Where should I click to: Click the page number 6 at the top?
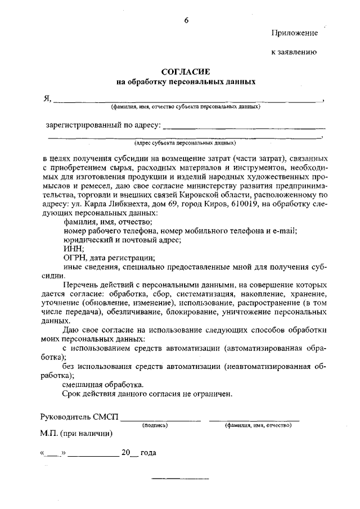[x=186, y=21]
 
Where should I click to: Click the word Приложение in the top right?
[x=295, y=33]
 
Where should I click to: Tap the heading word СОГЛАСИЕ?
[x=186, y=72]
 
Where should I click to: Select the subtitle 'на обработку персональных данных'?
[x=186, y=82]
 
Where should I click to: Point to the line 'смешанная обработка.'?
[x=103, y=385]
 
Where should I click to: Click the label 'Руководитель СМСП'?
[x=79, y=418]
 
